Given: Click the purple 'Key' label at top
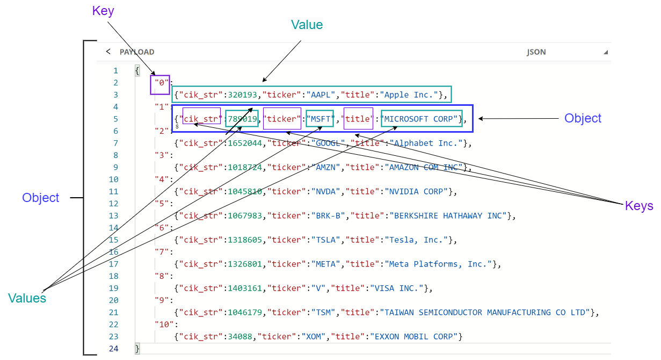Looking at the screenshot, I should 103,11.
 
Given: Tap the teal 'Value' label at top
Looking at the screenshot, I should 307,25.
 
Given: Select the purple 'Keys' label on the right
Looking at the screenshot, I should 639,206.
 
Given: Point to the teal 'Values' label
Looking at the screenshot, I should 27,298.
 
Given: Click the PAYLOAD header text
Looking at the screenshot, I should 137,52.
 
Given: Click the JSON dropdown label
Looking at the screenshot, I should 536,52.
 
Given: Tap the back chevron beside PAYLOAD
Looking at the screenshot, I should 108,52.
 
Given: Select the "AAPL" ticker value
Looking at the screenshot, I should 321,95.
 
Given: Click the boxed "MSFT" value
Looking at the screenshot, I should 320,119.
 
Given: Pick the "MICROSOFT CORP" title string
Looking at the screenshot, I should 421,119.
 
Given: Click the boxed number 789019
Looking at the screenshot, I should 242,119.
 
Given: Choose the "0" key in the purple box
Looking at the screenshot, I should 161,83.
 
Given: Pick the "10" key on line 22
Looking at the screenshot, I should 162,325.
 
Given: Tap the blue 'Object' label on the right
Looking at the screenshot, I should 583,118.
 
